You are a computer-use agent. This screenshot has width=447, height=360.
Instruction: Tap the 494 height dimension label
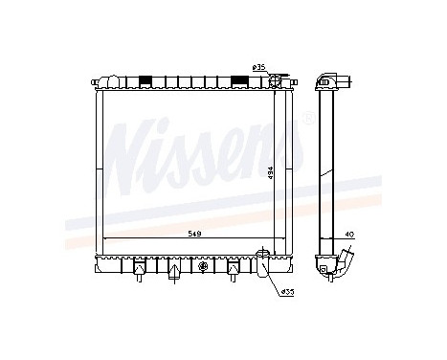[272, 171]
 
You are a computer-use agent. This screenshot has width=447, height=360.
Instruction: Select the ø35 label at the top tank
[258, 66]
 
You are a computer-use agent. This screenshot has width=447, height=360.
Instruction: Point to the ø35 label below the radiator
[286, 291]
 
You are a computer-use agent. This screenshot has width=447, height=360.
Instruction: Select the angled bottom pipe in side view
[346, 262]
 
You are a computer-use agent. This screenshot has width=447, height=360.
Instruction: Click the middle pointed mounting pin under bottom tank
[173, 272]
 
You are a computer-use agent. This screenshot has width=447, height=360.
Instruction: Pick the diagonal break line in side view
[324, 177]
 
